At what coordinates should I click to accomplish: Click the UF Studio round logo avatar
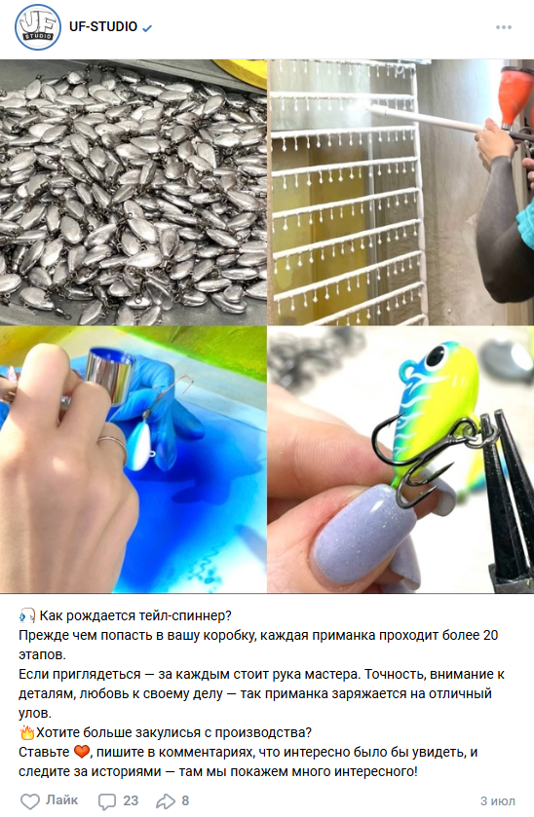click(x=38, y=27)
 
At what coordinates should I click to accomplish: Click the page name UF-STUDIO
click(x=103, y=26)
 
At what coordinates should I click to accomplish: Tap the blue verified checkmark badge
click(x=147, y=28)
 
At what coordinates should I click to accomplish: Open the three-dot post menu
click(x=503, y=27)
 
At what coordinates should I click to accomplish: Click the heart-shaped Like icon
click(x=30, y=801)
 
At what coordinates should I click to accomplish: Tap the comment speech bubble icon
click(x=107, y=801)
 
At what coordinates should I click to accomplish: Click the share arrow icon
click(x=166, y=800)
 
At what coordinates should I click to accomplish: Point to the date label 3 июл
click(x=498, y=800)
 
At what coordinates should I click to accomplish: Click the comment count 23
click(x=131, y=800)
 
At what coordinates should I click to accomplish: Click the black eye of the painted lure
click(x=436, y=355)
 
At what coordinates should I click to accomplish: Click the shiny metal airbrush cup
click(x=109, y=375)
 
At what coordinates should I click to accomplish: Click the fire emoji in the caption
click(x=26, y=732)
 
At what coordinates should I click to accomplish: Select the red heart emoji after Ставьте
click(x=82, y=752)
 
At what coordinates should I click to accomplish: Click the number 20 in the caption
click(x=490, y=635)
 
